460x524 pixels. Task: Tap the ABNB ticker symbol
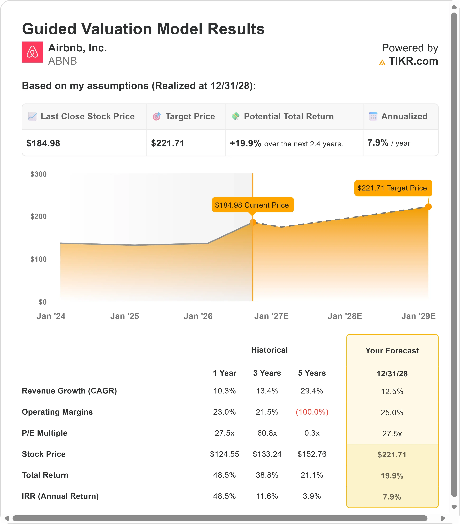click(62, 61)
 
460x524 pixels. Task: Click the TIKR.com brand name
click(413, 61)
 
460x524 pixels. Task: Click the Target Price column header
click(190, 116)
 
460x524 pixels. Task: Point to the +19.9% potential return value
click(245, 143)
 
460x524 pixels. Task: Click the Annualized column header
click(404, 116)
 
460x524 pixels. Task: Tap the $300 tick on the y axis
click(39, 174)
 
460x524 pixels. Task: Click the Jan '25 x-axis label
click(125, 316)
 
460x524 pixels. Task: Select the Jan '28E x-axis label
click(345, 316)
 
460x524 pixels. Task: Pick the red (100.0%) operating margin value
click(312, 412)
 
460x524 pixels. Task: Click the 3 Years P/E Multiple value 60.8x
click(267, 433)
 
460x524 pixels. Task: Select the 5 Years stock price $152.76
click(312, 454)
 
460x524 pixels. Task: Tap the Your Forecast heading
click(392, 350)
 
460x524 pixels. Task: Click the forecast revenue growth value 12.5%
click(392, 392)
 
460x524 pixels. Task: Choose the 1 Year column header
click(224, 373)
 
